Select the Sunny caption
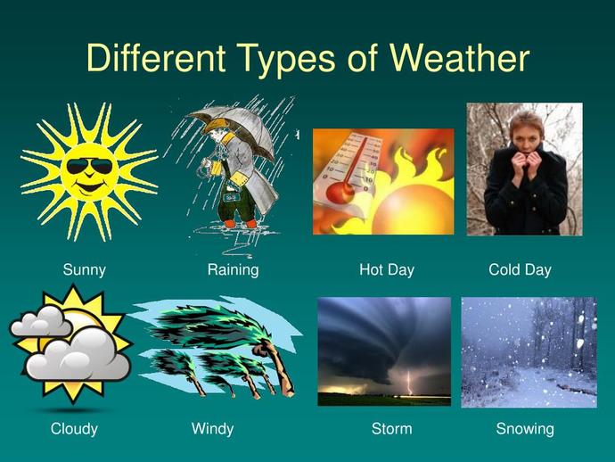(84, 269)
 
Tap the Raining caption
(233, 269)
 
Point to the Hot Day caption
(387, 269)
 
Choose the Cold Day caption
(520, 269)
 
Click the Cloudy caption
(74, 429)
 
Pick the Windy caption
(212, 429)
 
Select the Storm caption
(391, 429)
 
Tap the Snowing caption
(525, 429)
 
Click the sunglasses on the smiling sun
(90, 167)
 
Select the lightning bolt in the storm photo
(409, 384)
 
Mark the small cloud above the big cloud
(39, 324)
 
